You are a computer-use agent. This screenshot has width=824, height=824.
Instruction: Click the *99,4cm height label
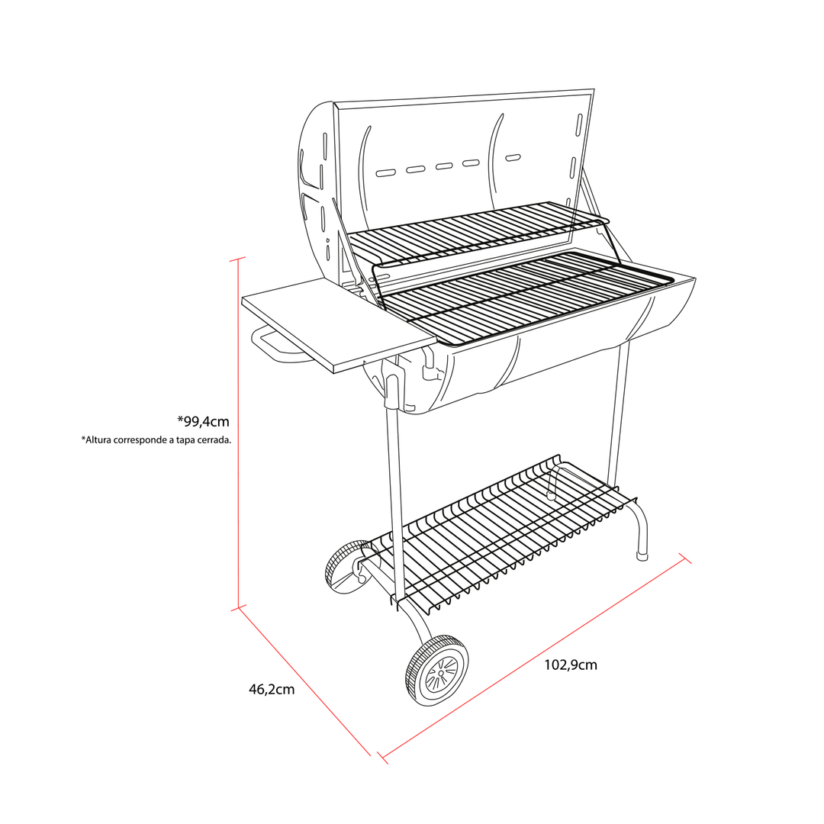tap(203, 421)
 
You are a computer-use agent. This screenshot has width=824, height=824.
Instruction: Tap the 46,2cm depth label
tap(272, 690)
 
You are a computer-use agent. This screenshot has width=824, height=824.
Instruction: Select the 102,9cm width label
tap(570, 665)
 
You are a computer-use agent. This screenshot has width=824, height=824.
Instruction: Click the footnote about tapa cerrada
tap(156, 440)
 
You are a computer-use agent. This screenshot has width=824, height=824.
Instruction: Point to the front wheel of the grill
tap(436, 670)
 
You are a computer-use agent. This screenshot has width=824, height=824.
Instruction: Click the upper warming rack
tap(478, 231)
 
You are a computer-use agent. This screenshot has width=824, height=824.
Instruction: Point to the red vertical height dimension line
tap(239, 433)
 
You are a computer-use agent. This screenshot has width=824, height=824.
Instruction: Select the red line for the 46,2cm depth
tap(304, 681)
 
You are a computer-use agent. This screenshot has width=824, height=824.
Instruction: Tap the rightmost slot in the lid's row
tap(513, 158)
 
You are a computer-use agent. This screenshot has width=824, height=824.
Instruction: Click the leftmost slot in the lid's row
tap(386, 172)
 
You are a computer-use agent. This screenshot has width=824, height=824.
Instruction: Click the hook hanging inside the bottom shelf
tap(552, 481)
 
